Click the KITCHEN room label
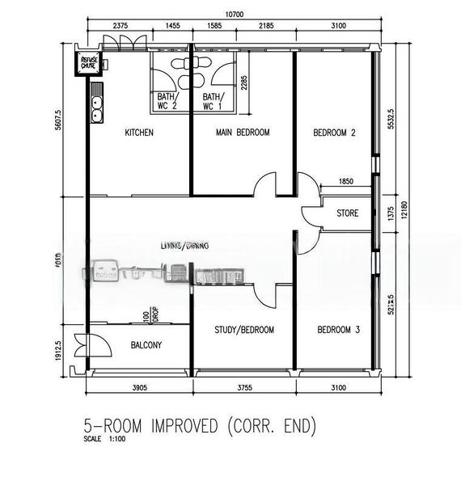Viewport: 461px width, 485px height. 139,133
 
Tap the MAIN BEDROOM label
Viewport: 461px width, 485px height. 243,133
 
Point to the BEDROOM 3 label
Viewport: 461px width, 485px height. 337,330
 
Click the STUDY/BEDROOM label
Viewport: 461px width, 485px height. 244,330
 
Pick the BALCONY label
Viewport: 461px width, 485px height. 146,346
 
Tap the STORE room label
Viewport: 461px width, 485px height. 348,213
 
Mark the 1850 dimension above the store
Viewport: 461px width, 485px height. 346,182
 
